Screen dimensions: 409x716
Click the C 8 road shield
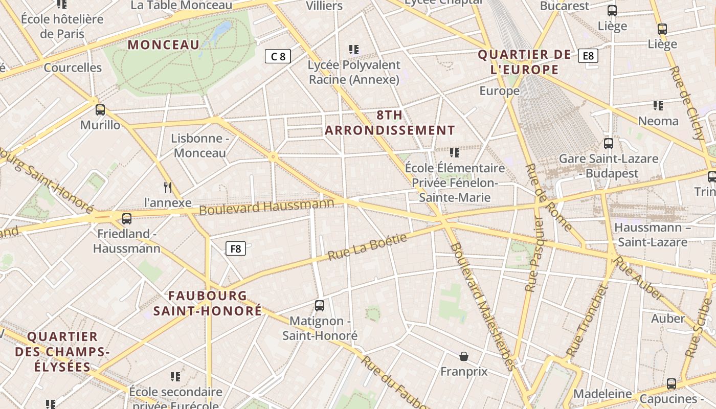pos(278,56)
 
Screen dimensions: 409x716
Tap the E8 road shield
pos(588,56)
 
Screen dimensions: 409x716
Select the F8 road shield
pos(236,249)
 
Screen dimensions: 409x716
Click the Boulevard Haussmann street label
pos(266,207)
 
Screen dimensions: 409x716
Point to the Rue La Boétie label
pos(367,246)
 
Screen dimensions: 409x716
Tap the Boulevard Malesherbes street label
pos(482,306)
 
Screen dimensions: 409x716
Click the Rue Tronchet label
pos(587,322)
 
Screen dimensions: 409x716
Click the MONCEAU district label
pos(164,45)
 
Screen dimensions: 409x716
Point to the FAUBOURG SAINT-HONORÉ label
pos(208,303)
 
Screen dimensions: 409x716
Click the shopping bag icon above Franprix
pos(464,356)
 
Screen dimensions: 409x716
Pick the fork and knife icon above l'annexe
pos(168,187)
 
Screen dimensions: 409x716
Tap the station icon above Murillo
pos(100,109)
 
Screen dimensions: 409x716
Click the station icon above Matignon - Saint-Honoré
pos(320,306)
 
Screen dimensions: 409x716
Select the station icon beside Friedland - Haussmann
pos(127,219)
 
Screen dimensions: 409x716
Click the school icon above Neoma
pos(658,106)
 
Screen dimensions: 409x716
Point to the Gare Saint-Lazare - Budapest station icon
pos(608,144)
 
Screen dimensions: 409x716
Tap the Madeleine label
pos(602,394)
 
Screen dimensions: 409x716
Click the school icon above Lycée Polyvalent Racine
pos(354,50)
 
